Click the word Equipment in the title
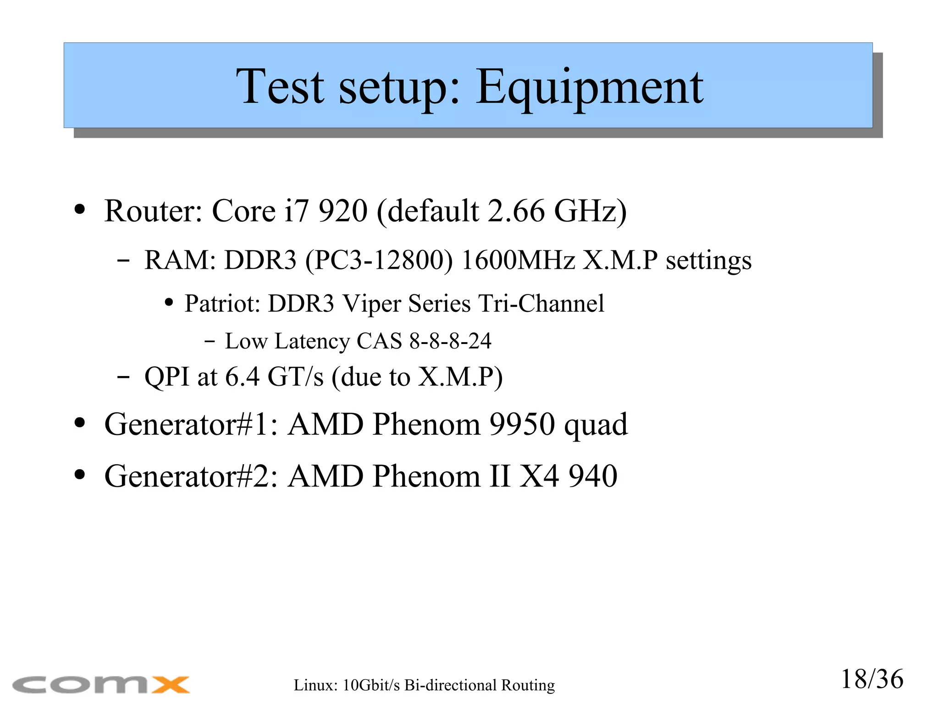pyautogui.click(x=589, y=87)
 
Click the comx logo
pyautogui.click(x=101, y=684)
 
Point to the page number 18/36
pyautogui.click(x=872, y=679)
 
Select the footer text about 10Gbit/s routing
pyautogui.click(x=424, y=685)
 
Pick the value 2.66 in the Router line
pyautogui.click(x=516, y=211)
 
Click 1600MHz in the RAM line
pyautogui.click(x=518, y=260)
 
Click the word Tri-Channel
pyautogui.click(x=541, y=304)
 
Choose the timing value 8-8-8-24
pyautogui.click(x=450, y=341)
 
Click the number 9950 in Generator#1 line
pyautogui.click(x=522, y=424)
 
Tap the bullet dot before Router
pyautogui.click(x=80, y=210)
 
